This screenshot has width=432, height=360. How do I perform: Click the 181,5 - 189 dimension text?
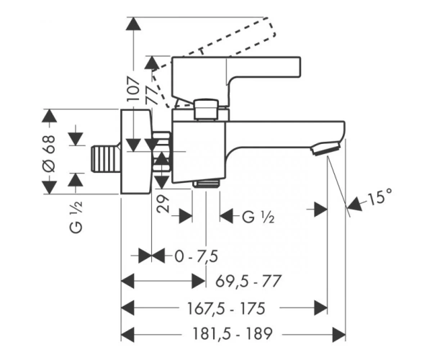click(233, 334)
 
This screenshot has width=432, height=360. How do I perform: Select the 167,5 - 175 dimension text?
click(226, 308)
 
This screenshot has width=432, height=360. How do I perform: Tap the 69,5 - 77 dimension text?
click(248, 282)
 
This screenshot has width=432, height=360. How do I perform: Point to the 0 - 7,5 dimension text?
click(196, 256)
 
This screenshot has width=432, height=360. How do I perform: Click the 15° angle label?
click(379, 197)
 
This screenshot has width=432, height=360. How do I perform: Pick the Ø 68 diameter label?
click(50, 153)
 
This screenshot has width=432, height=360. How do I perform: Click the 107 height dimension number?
click(133, 89)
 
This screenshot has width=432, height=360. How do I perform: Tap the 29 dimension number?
click(163, 204)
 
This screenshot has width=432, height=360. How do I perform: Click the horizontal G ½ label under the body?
click(258, 217)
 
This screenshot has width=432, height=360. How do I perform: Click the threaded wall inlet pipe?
click(107, 159)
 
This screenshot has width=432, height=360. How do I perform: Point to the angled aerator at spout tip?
click(325, 148)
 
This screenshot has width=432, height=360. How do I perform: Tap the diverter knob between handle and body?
click(206, 109)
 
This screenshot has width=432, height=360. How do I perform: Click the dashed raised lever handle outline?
click(214, 62)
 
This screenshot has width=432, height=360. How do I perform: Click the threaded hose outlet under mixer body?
click(206, 183)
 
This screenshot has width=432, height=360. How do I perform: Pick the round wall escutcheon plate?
click(136, 151)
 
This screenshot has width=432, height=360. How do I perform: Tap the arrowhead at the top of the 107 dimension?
click(133, 24)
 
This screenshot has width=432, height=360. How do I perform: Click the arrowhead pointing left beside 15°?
click(354, 204)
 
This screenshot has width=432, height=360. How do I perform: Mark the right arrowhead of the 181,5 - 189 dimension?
click(339, 335)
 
